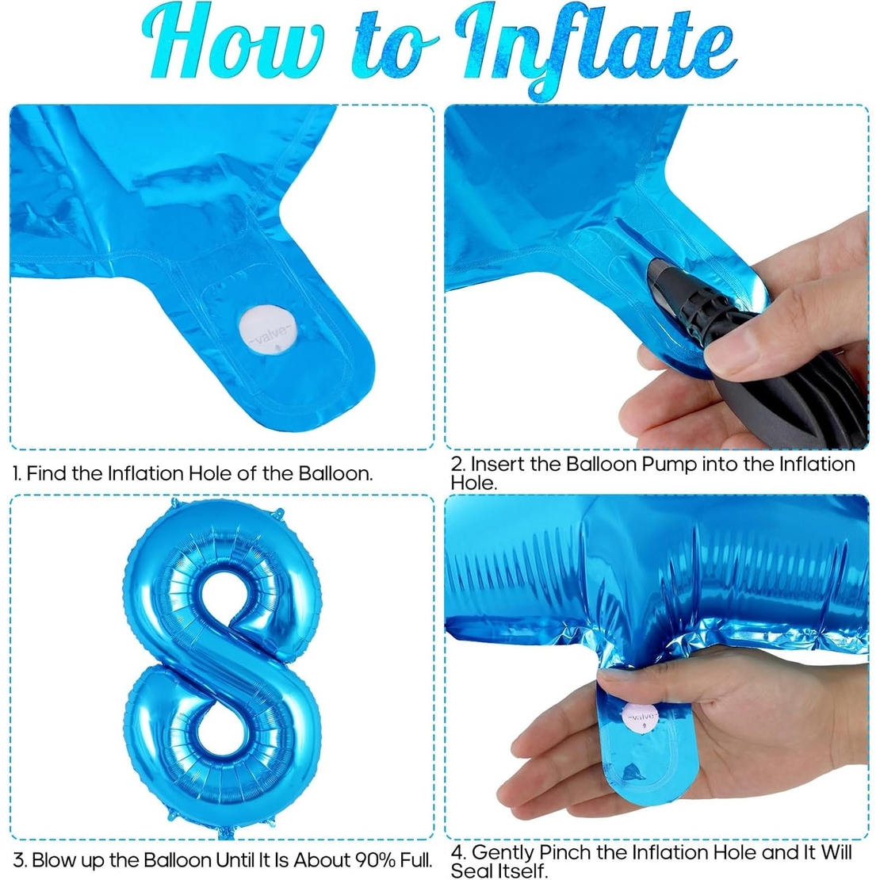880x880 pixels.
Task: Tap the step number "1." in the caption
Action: (x=17, y=474)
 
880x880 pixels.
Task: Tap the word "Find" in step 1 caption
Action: (x=47, y=474)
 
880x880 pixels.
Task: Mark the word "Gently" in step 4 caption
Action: (x=503, y=853)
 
